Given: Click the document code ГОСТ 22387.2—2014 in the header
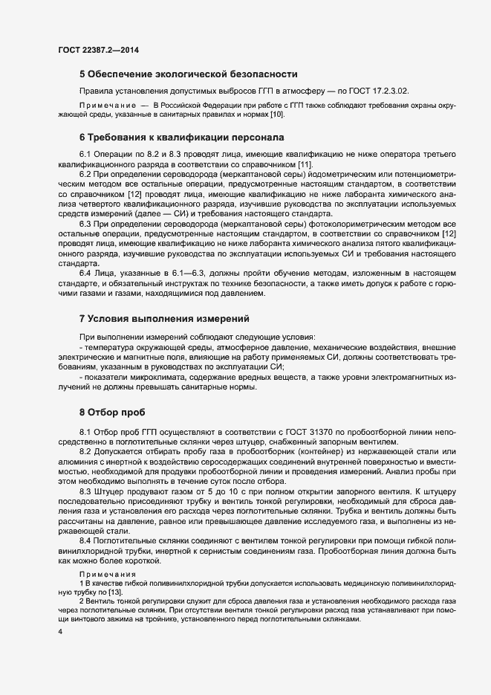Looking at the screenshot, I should (98, 51).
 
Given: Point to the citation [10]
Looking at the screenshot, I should (276, 116).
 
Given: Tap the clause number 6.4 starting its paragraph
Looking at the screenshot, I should (86, 274).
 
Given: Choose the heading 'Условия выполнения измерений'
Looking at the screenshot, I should (169, 319).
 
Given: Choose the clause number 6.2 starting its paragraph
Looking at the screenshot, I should (86, 173).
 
